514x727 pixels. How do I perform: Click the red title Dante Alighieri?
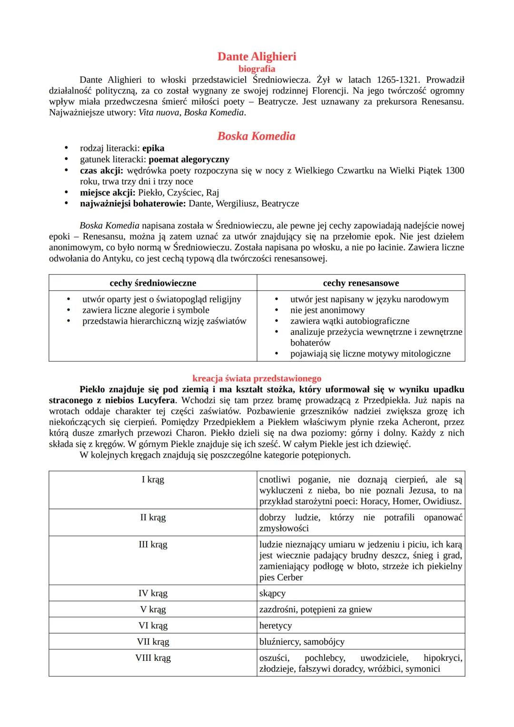pyautogui.click(x=257, y=57)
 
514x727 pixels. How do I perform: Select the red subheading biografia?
pyautogui.click(x=257, y=69)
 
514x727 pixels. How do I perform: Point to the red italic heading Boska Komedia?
pyautogui.click(x=257, y=136)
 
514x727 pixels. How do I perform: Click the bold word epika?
pyautogui.click(x=153, y=148)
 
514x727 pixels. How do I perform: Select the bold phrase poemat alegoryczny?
pyautogui.click(x=189, y=159)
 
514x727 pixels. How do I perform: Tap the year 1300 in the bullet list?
pyautogui.click(x=455, y=170)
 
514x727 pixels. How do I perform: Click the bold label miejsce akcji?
pyautogui.click(x=107, y=192)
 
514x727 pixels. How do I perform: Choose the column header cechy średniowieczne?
pyautogui.click(x=153, y=283)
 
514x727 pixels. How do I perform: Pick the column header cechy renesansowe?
pyautogui.click(x=361, y=283)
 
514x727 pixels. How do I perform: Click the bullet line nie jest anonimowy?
pyautogui.click(x=327, y=310)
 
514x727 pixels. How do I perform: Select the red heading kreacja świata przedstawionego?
pyautogui.click(x=257, y=378)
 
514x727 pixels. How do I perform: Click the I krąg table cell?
pyautogui.click(x=153, y=479)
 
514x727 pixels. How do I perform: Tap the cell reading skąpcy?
pyautogui.click(x=272, y=593)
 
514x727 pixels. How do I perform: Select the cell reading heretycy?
pyautogui.click(x=276, y=626)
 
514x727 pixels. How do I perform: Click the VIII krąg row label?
pyautogui.click(x=153, y=658)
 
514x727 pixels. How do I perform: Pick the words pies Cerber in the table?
pyautogui.click(x=281, y=577)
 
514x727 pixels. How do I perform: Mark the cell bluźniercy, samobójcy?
pyautogui.click(x=302, y=642)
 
